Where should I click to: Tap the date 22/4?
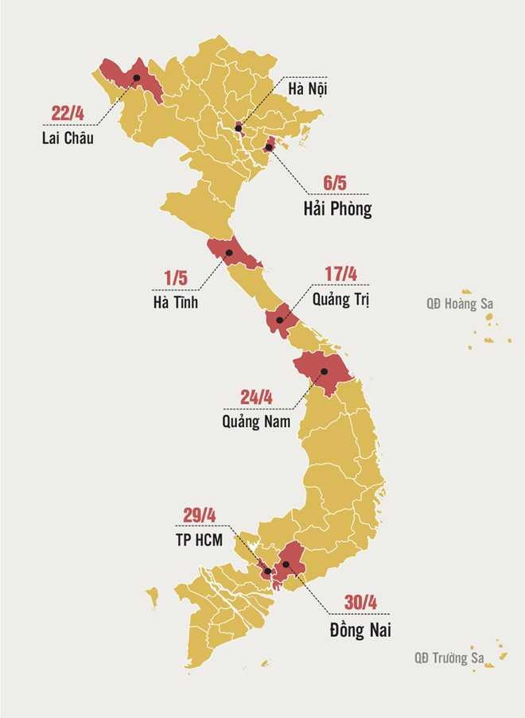(x=68, y=113)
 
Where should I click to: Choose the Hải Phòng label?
(x=337, y=211)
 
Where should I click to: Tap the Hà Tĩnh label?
(x=175, y=303)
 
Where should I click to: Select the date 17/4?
(x=340, y=275)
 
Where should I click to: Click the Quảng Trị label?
(x=341, y=301)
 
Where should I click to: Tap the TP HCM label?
(x=200, y=538)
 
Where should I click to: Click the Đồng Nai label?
(x=360, y=631)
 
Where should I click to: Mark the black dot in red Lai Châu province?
(x=137, y=77)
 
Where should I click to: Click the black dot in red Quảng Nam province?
(x=324, y=371)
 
